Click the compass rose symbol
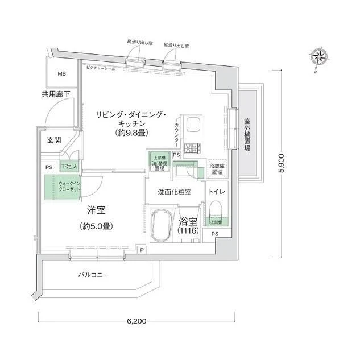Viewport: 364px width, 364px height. (x=318, y=57)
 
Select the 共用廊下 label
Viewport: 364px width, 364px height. (x=56, y=94)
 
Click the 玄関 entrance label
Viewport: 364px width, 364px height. (x=54, y=140)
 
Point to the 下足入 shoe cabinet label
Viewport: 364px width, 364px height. (x=70, y=167)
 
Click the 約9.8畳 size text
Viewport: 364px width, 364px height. (x=133, y=133)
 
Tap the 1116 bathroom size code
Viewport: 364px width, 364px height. (x=188, y=233)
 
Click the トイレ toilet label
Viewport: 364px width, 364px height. (x=217, y=192)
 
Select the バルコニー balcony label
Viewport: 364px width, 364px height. (x=93, y=276)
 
